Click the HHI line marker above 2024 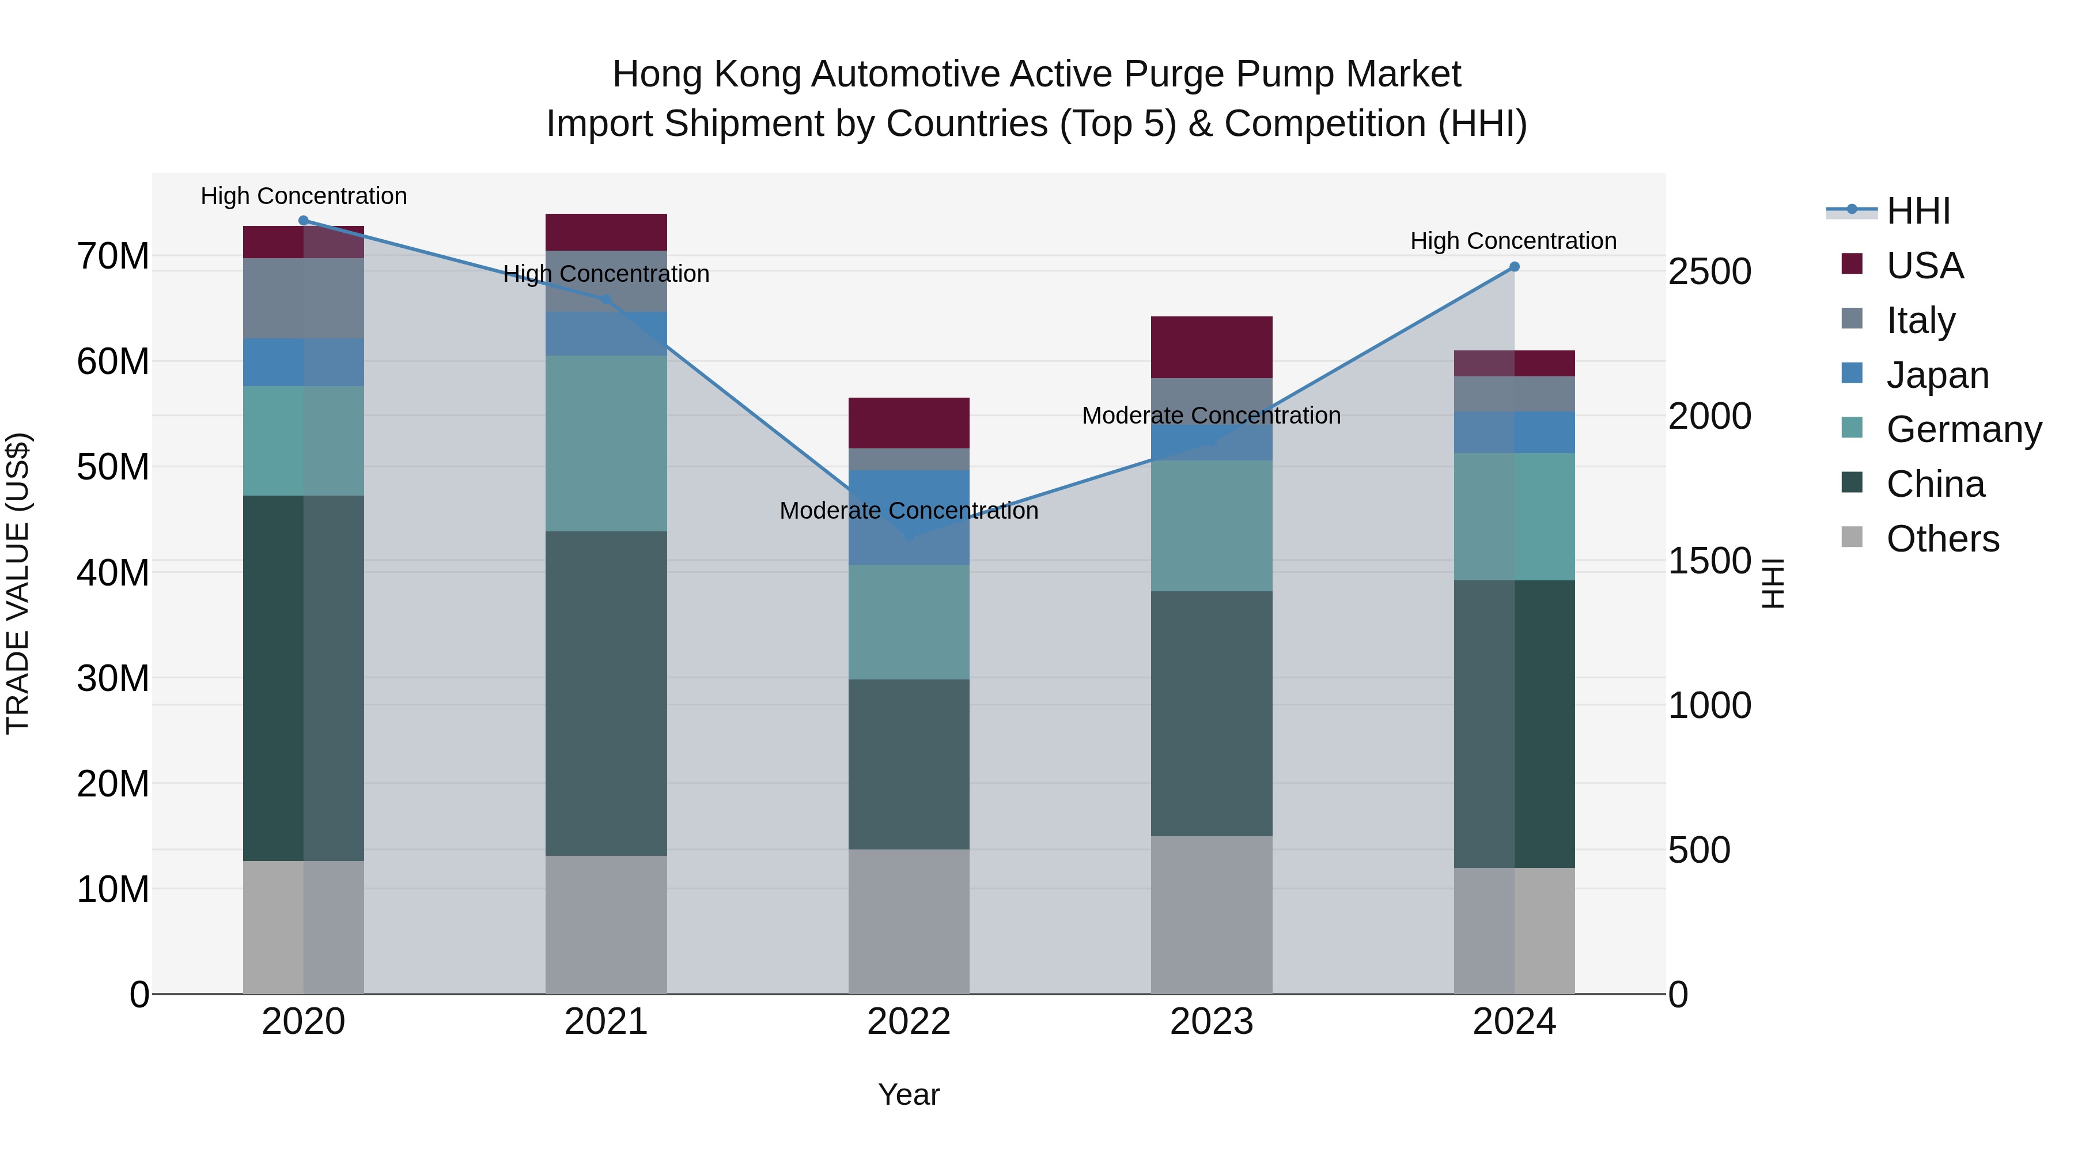(x=1513, y=267)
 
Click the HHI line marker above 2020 (x=304, y=221)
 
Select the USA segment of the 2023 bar (x=1211, y=347)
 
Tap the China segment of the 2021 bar (x=605, y=693)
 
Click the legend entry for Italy (x=1920, y=320)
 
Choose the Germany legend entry (x=1963, y=429)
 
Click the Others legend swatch (x=1852, y=537)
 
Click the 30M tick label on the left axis (x=113, y=679)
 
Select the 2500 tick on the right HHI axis (x=1709, y=272)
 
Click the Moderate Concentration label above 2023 (x=1211, y=416)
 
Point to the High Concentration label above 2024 (x=1513, y=241)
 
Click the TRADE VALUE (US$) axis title (x=18, y=583)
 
